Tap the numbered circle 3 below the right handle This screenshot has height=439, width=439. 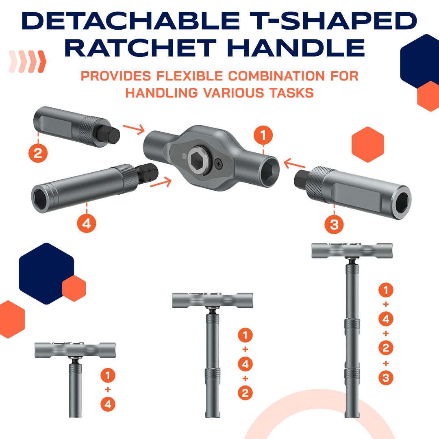click(x=334, y=224)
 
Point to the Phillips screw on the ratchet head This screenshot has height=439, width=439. click(x=220, y=163)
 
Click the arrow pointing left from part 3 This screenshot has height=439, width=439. click(x=294, y=165)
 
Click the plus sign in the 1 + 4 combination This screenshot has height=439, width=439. click(x=108, y=389)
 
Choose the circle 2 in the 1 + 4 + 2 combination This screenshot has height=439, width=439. click(x=245, y=393)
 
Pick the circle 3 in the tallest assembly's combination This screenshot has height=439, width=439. click(x=386, y=378)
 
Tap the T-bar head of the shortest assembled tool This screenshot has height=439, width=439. click(x=75, y=350)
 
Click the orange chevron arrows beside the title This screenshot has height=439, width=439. click(x=28, y=62)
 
